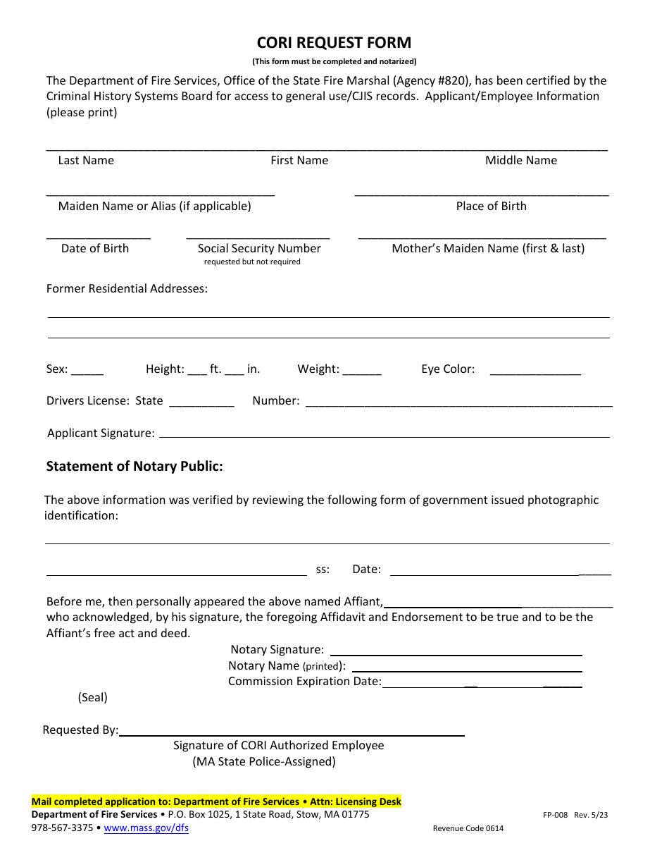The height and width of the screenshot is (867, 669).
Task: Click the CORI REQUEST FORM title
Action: tap(334, 42)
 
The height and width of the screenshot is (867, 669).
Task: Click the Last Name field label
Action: tap(86, 161)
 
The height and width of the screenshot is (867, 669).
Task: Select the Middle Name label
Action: tap(520, 161)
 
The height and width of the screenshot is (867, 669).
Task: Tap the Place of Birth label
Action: tap(491, 207)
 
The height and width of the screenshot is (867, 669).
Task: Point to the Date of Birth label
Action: tap(95, 249)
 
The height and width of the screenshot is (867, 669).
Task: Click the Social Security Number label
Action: tap(259, 249)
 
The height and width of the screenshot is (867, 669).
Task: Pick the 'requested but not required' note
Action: tap(252, 262)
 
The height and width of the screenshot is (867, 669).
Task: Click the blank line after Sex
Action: tap(87, 371)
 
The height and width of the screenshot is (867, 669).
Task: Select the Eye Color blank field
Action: tap(535, 371)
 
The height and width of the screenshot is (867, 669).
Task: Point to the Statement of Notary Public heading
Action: tap(135, 467)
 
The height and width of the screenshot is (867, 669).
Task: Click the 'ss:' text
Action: tap(323, 570)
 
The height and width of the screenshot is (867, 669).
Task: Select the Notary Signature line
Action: tap(456, 653)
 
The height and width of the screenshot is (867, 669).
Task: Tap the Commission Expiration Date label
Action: tap(305, 682)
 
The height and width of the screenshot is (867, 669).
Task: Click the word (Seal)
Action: tap(93, 698)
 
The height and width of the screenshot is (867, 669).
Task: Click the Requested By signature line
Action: tap(292, 734)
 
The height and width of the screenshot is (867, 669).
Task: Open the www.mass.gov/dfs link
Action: tap(146, 828)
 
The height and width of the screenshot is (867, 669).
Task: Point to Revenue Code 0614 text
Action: tap(468, 829)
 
